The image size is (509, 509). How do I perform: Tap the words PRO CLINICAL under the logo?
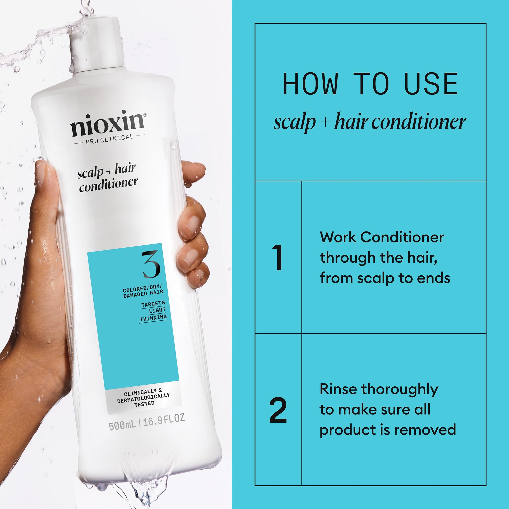coord(109,139)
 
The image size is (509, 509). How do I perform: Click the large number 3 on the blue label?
coord(151,264)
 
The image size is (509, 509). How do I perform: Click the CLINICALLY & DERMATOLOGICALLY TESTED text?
coord(144,398)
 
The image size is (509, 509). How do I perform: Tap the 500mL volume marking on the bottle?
coord(122,426)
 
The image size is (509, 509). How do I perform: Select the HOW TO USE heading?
coord(370,84)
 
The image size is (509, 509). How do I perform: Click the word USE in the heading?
coord(431,84)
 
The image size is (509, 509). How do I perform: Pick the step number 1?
coord(277,257)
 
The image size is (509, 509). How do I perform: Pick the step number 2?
coord(278,410)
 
